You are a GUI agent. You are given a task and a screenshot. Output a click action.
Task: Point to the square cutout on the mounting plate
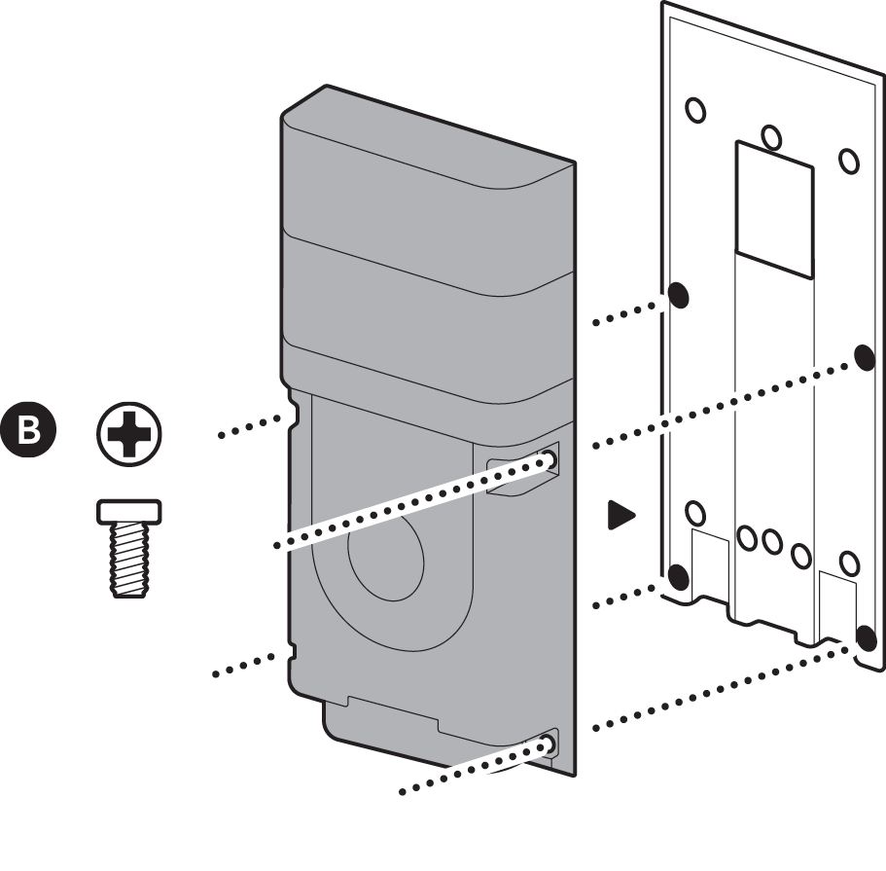coord(773,206)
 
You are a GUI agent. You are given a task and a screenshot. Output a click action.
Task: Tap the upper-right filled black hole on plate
coord(864,356)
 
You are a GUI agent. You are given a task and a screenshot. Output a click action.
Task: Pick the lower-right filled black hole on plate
coord(863,637)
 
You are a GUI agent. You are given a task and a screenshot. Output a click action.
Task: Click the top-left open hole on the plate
coord(696,109)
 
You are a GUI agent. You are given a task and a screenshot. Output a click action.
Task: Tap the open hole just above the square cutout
coord(771,136)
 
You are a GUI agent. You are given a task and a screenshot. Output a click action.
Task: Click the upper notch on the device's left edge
coord(289,414)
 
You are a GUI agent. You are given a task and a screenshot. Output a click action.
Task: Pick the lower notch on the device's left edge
coord(288,650)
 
